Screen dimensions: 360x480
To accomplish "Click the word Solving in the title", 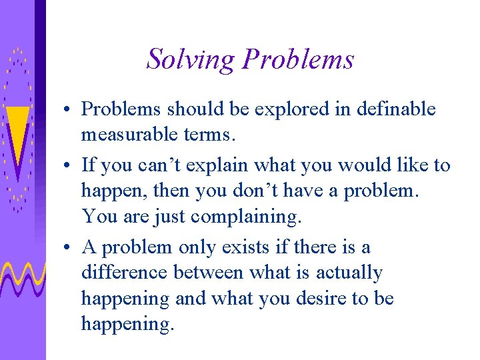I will point(191,59).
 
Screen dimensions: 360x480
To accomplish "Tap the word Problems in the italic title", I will point(298,59).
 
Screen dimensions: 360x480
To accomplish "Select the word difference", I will point(125,273).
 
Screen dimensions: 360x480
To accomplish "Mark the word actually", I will point(349,273).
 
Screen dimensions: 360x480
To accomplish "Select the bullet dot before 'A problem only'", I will point(69,248).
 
